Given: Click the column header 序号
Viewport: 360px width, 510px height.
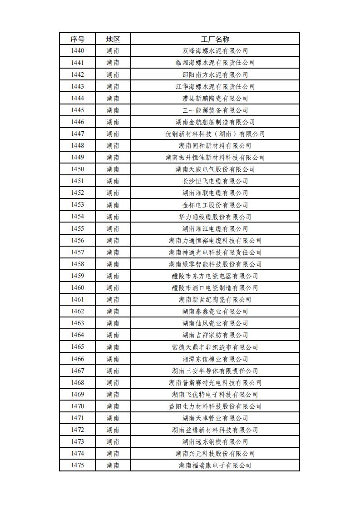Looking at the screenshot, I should tap(77, 39).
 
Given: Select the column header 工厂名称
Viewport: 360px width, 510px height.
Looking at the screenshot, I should tap(215, 39).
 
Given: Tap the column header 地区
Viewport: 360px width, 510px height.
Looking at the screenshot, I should tap(113, 39).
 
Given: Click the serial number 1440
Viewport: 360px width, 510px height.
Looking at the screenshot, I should tap(77, 51).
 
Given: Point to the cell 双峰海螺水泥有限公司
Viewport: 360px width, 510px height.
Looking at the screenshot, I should tap(215, 51).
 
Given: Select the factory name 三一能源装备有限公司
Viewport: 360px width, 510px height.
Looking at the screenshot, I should tap(215, 110).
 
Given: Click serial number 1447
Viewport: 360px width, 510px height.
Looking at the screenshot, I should tap(77, 134).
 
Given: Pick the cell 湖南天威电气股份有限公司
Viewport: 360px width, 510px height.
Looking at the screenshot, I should tap(215, 169).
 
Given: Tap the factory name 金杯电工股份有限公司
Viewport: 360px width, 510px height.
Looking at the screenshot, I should tap(215, 205).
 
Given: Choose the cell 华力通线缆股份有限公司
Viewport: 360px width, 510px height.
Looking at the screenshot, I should tap(215, 217).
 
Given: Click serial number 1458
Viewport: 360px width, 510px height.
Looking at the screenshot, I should tap(77, 264).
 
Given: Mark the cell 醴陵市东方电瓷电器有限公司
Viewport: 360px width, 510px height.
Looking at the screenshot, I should tap(215, 276).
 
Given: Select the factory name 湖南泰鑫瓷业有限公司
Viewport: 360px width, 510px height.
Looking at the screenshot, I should tap(215, 311).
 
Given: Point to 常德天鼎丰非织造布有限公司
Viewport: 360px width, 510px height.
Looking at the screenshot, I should tap(215, 347).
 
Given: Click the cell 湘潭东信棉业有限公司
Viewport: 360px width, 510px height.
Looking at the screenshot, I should tap(215, 359).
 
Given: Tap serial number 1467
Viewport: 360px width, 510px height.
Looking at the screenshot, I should tap(77, 371).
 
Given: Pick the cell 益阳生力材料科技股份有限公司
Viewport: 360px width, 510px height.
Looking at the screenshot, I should tap(215, 406).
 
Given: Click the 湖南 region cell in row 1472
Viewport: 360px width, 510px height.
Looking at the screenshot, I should tap(113, 430).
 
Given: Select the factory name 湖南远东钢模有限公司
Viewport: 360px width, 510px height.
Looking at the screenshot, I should tap(215, 441).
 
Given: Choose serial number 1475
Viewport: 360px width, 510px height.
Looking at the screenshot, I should tap(77, 465).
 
